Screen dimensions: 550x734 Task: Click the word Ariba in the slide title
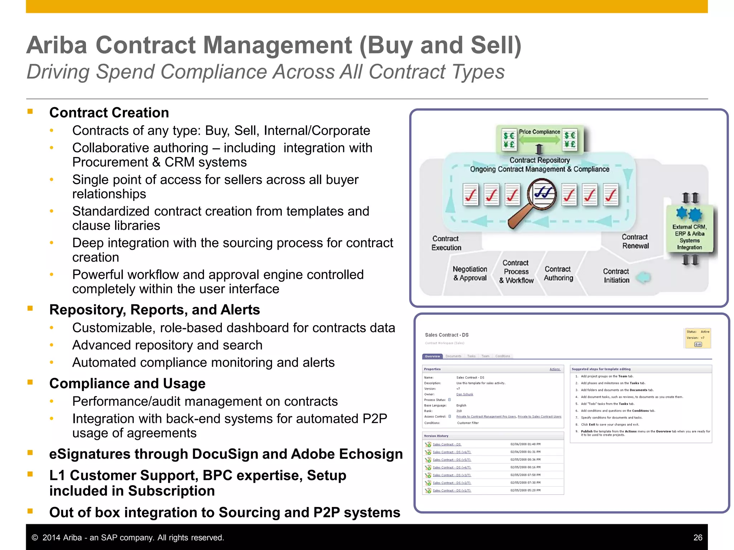(57, 45)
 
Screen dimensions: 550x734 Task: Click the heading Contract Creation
(109, 113)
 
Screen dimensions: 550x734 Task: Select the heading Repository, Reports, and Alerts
(154, 310)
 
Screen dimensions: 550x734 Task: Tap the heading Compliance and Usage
(127, 383)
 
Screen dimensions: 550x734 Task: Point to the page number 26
(698, 537)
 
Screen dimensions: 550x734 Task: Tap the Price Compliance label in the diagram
(539, 132)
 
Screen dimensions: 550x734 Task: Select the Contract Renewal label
(635, 241)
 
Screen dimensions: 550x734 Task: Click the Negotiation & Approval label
(470, 273)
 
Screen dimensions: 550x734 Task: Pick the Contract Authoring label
(558, 273)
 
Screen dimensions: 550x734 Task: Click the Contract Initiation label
(616, 276)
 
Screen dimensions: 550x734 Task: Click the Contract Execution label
(445, 243)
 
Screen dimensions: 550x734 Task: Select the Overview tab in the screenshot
(432, 356)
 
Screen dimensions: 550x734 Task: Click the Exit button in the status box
(698, 344)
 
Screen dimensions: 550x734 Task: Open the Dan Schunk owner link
(464, 394)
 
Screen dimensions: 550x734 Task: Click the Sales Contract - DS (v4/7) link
(452, 467)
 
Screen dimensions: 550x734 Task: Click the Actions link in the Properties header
(555, 369)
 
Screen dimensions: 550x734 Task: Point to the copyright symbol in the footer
(35, 538)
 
